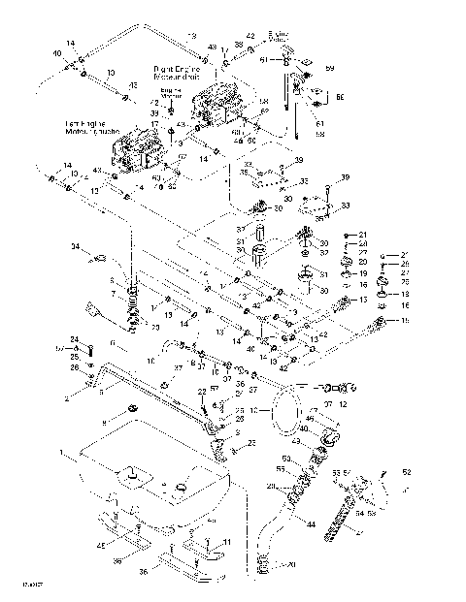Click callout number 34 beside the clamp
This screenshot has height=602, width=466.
pyautogui.click(x=76, y=247)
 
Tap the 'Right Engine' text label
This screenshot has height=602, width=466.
pyautogui.click(x=175, y=69)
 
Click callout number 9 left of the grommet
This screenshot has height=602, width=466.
pyautogui.click(x=104, y=423)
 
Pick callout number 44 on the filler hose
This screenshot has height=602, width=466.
pyautogui.click(x=310, y=524)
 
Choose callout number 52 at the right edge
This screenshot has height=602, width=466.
pyautogui.click(x=407, y=472)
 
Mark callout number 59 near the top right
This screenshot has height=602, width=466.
pyautogui.click(x=329, y=69)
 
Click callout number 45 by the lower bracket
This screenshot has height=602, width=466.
pyautogui.click(x=100, y=545)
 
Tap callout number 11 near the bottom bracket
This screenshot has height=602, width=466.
pyautogui.click(x=226, y=542)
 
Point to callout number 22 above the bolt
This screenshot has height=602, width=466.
pyautogui.click(x=202, y=390)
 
